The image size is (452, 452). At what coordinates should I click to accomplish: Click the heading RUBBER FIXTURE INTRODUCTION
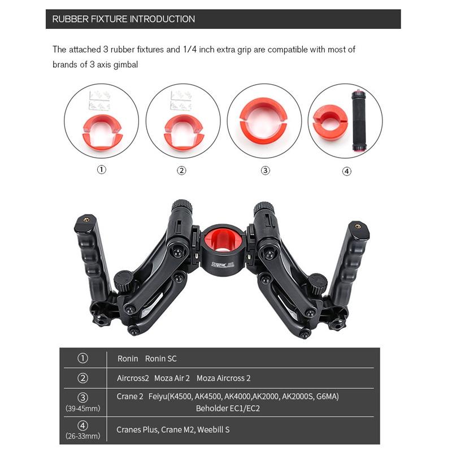(x=123, y=19)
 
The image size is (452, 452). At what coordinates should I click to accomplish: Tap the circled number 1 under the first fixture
(x=102, y=170)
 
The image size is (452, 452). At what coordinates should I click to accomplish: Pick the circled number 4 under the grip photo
(x=347, y=171)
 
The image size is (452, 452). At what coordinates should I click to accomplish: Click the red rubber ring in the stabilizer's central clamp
(x=220, y=237)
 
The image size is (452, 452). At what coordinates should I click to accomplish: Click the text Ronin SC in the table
(x=161, y=359)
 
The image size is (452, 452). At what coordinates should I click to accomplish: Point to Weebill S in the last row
(x=214, y=429)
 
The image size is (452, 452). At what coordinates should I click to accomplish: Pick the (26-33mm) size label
(x=82, y=436)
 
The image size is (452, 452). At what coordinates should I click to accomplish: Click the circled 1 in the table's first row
(x=82, y=358)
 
